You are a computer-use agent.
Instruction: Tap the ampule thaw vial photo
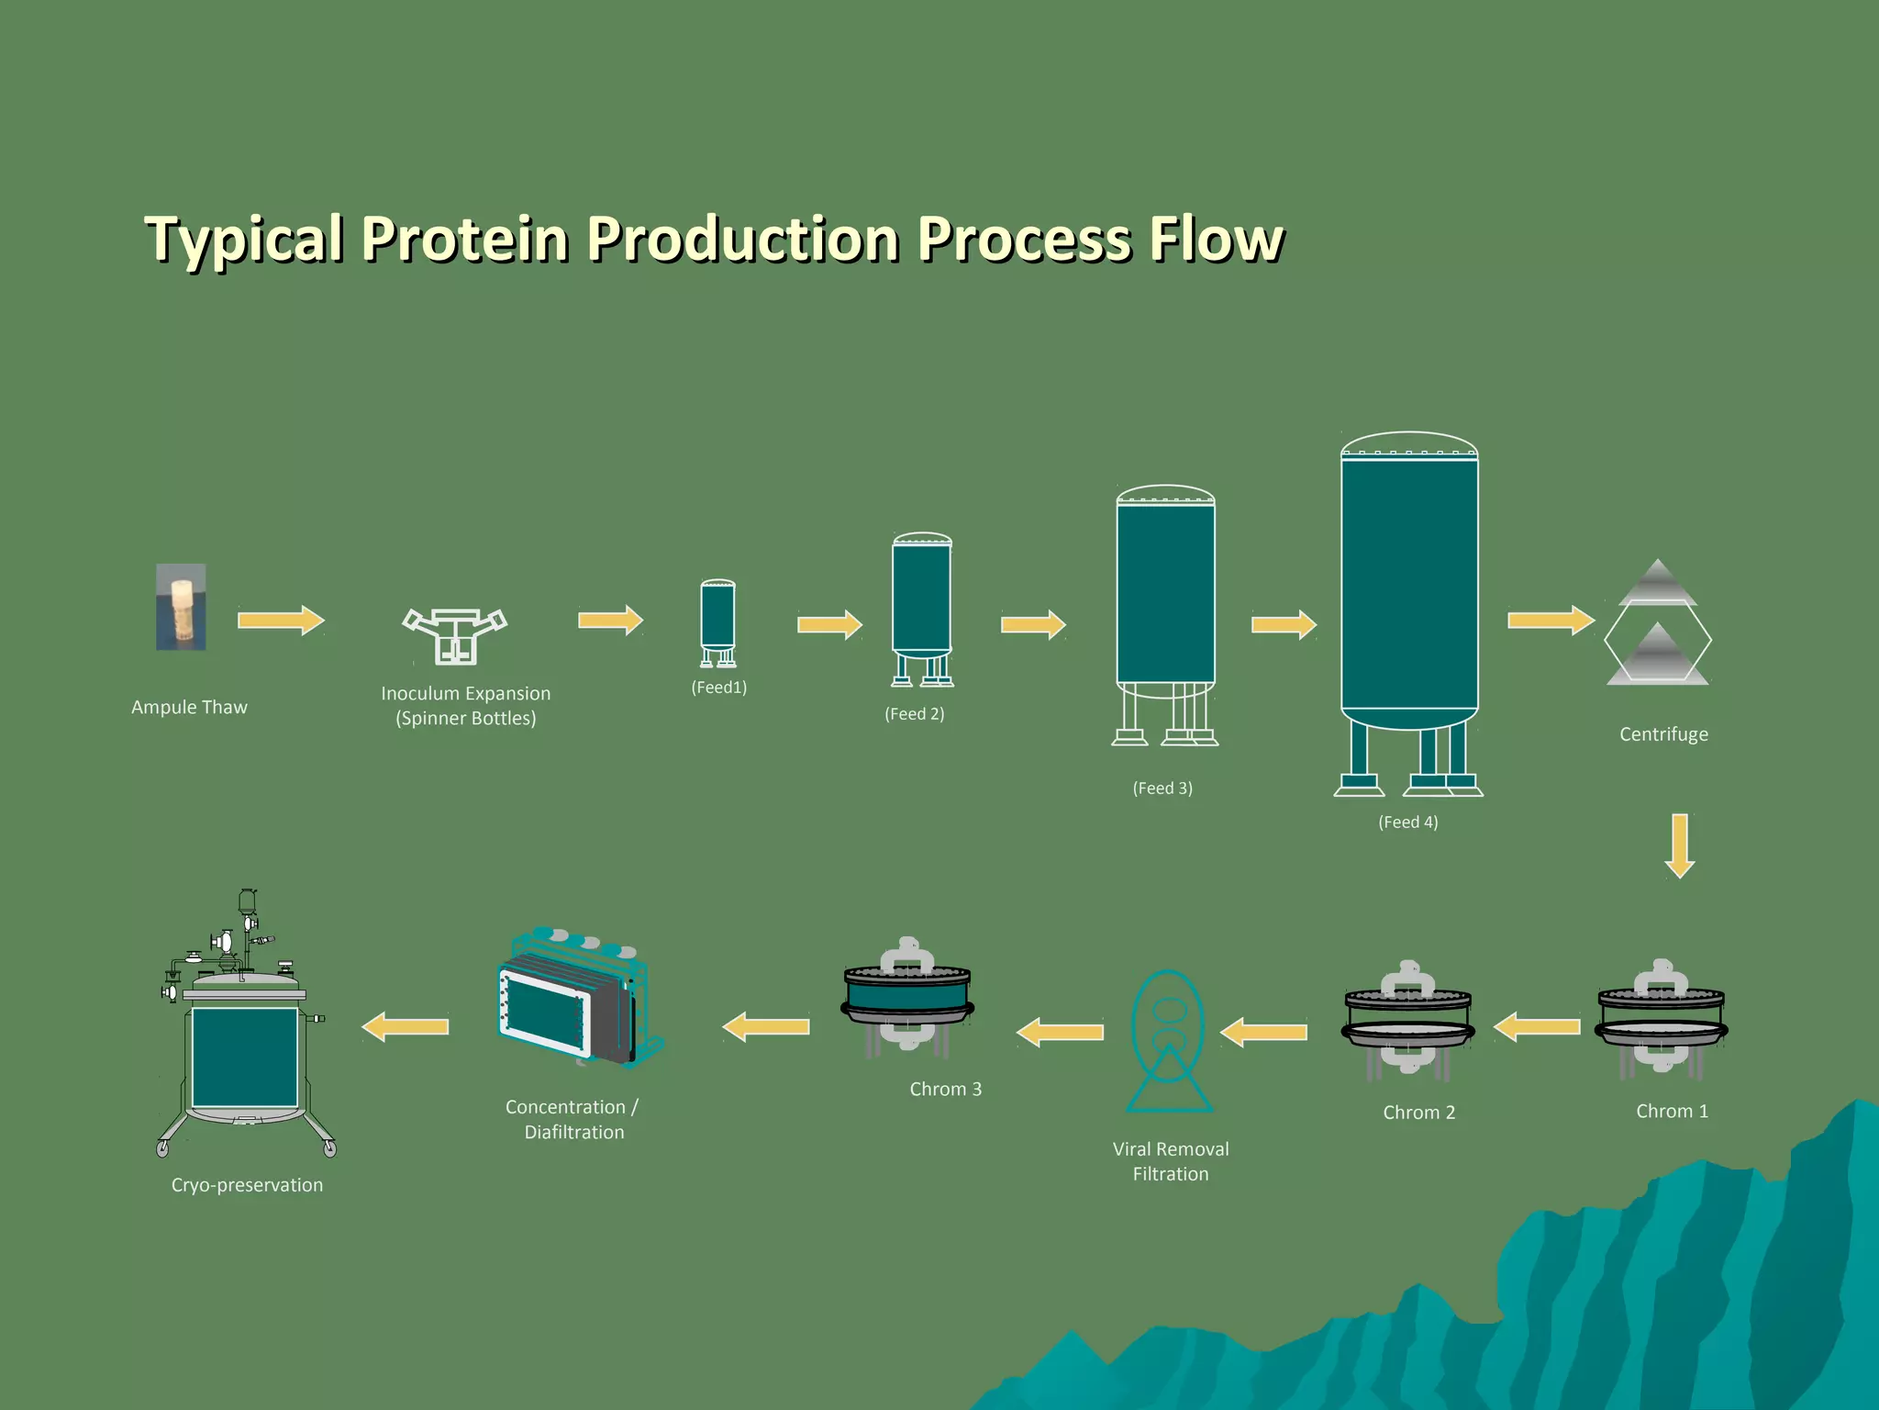tap(181, 607)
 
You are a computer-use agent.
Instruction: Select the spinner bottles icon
tap(455, 634)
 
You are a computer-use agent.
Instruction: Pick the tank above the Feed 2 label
tap(922, 601)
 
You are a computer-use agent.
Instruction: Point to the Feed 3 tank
tap(1165, 597)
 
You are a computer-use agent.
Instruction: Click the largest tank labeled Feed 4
tap(1409, 587)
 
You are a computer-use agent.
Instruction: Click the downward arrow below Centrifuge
tap(1680, 845)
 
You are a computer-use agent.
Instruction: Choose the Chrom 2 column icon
tap(1408, 1017)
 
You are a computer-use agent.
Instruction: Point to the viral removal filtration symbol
tap(1169, 1041)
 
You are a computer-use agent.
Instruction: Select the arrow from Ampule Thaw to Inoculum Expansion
tap(281, 621)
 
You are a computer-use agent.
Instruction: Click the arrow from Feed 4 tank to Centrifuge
tap(1551, 621)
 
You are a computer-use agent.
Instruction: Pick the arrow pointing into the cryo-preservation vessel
tap(406, 1026)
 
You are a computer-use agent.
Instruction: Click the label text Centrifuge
tap(1663, 734)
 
